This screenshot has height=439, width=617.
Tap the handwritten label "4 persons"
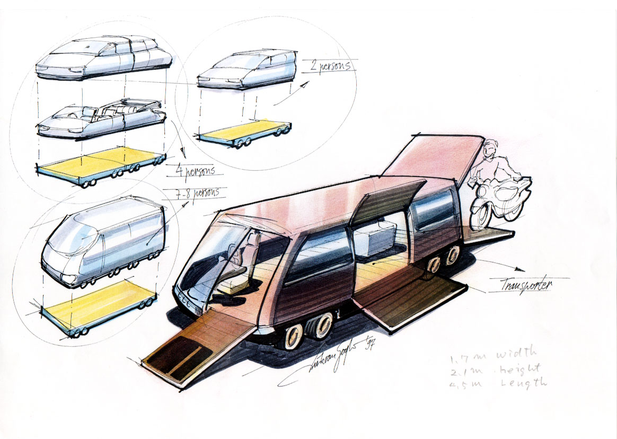click(x=197, y=171)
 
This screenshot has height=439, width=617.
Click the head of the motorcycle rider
click(x=492, y=147)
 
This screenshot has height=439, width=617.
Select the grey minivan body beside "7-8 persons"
click(x=106, y=241)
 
